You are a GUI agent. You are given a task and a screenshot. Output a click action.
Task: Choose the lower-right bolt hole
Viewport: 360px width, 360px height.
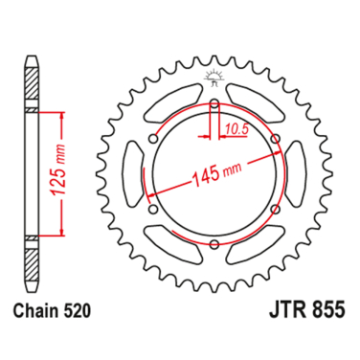[x=276, y=214]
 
